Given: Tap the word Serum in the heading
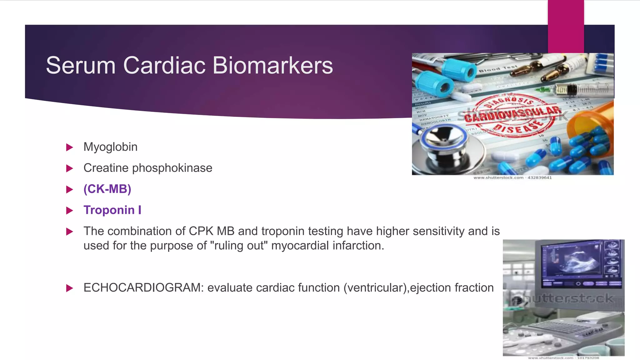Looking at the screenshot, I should click(81, 66).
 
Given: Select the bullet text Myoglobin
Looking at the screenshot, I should click(110, 147).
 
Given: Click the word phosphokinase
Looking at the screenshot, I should click(172, 168).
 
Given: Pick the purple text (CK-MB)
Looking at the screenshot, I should click(107, 189).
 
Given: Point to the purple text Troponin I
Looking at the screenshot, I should click(112, 210).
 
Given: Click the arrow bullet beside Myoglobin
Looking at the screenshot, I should click(69, 147).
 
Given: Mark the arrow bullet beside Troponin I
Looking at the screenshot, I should click(69, 210).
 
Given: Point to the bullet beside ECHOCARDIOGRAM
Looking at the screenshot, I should click(69, 288).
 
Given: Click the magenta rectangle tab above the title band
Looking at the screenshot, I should click(566, 27).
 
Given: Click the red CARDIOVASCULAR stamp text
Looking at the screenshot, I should click(512, 114).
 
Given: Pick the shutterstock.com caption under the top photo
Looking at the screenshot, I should click(512, 178).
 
